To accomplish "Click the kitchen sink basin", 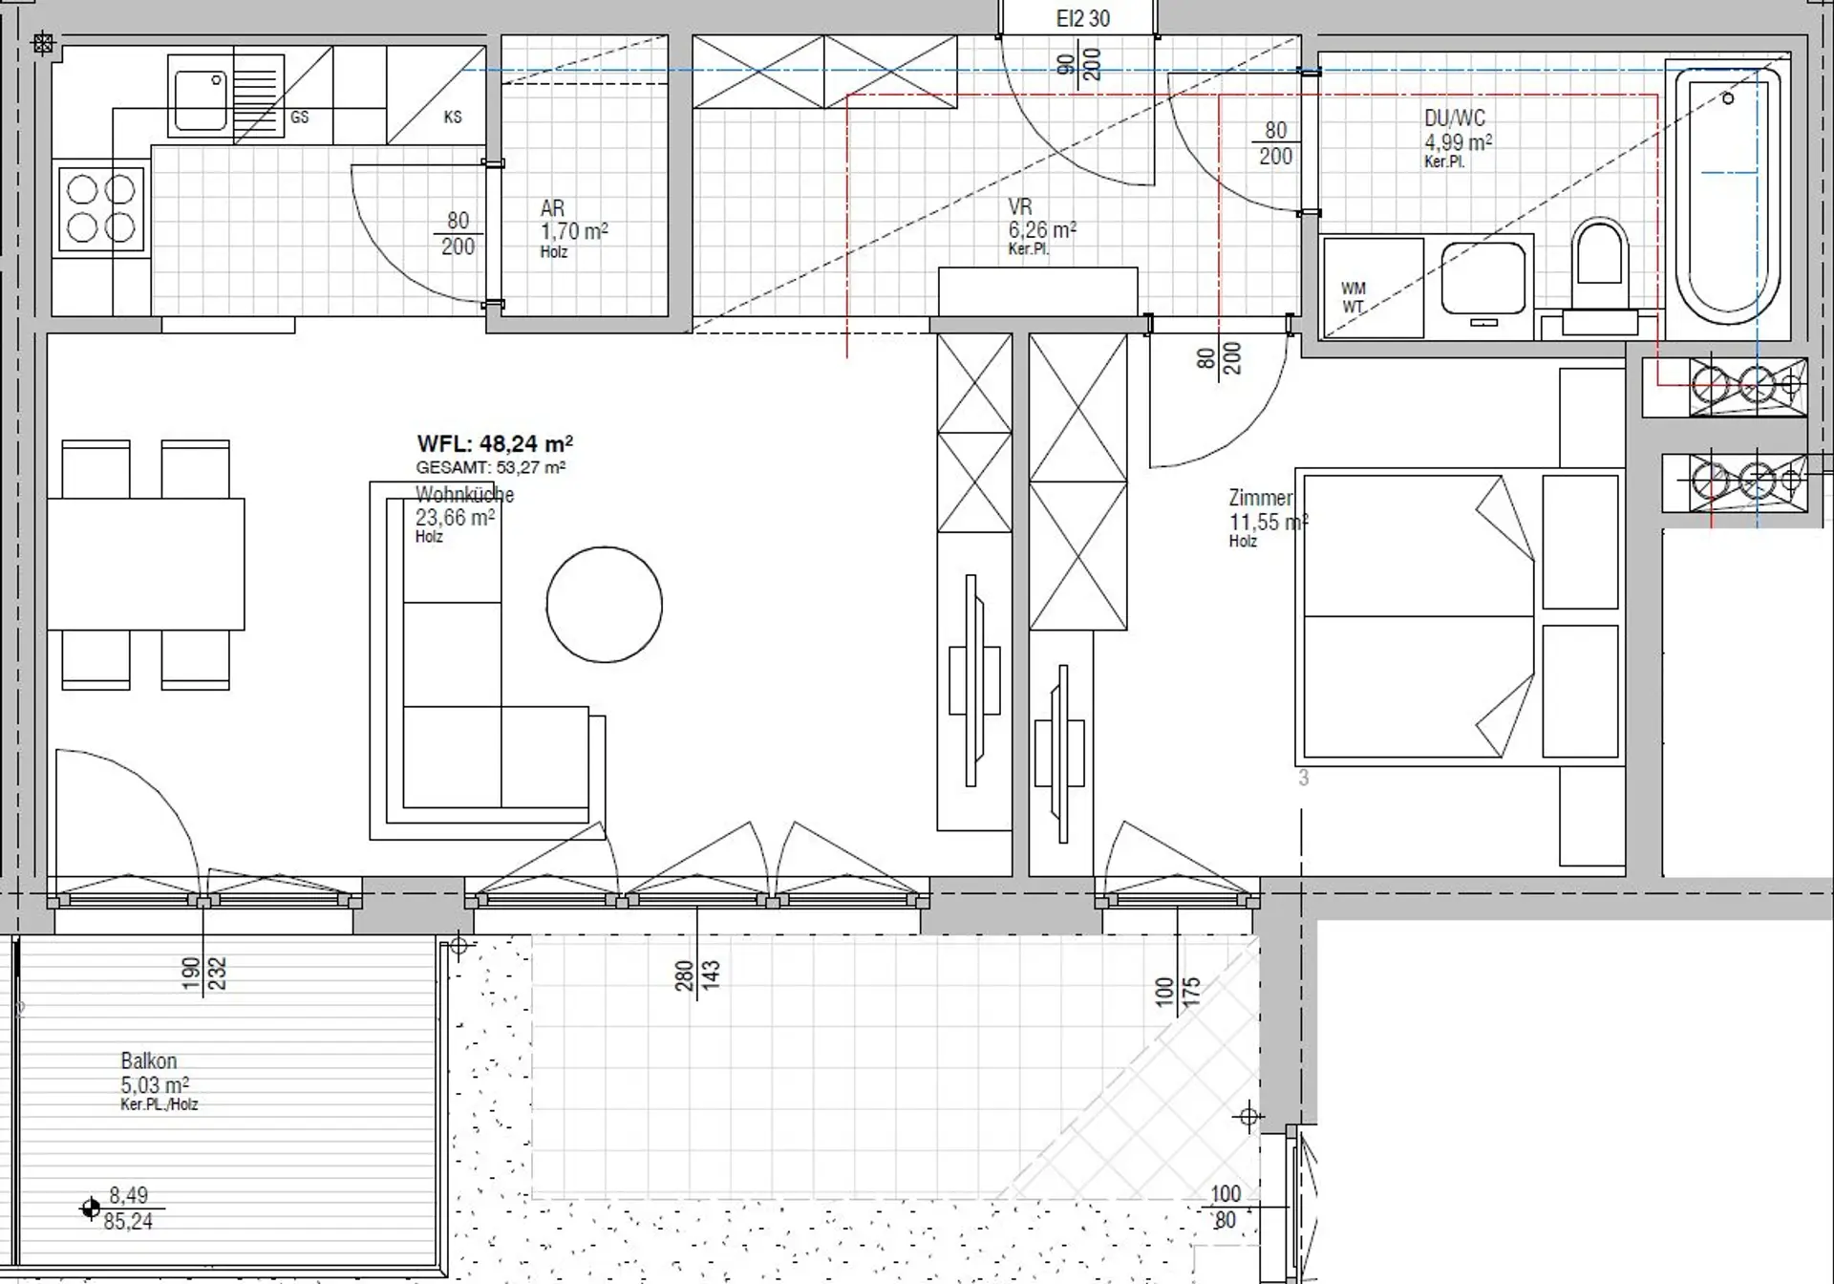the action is click(200, 96).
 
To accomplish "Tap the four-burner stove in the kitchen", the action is click(101, 209).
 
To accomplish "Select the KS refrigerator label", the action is click(453, 117).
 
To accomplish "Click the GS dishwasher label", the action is click(299, 117).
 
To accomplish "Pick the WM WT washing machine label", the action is click(1354, 297).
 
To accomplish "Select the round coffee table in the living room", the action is click(604, 604).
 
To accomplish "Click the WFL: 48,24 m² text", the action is click(495, 443).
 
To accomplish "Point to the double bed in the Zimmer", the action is click(1460, 617).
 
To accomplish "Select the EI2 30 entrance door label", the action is click(1082, 18).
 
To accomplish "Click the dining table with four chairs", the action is click(145, 564).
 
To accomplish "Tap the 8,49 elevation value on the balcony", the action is click(128, 1195).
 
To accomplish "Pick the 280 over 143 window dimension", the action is click(697, 975).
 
